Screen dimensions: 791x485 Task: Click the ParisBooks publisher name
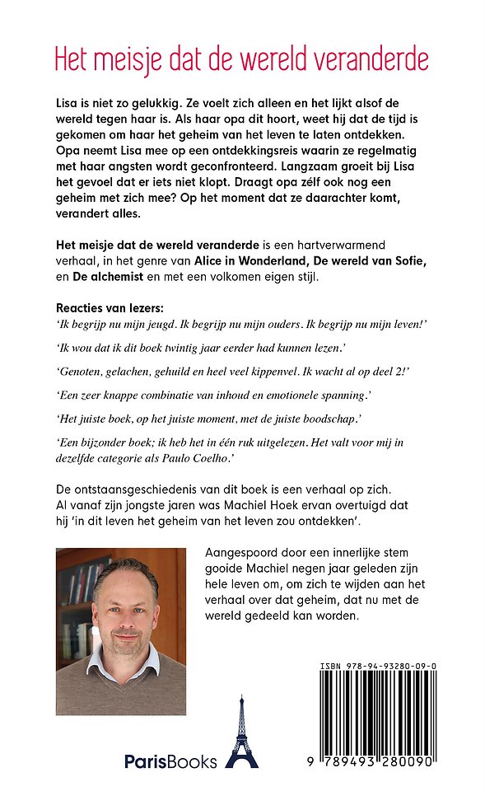[x=170, y=761]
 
